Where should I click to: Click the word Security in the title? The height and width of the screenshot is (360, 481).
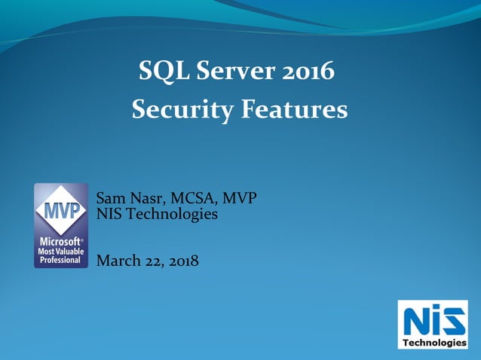click(x=182, y=110)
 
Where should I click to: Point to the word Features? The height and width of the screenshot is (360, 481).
click(x=294, y=110)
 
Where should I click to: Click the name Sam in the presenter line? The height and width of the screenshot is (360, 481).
click(x=110, y=198)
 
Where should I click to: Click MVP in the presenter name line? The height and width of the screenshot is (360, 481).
click(x=240, y=198)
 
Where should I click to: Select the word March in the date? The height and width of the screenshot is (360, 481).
click(x=118, y=261)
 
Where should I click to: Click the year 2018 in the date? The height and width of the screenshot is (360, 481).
click(x=183, y=261)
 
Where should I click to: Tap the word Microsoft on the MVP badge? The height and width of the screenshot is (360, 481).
click(x=60, y=242)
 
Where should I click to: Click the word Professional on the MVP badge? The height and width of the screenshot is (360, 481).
click(x=60, y=260)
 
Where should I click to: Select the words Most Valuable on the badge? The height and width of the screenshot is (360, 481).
click(x=60, y=251)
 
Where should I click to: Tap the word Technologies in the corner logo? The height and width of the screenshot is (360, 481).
click(x=434, y=343)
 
